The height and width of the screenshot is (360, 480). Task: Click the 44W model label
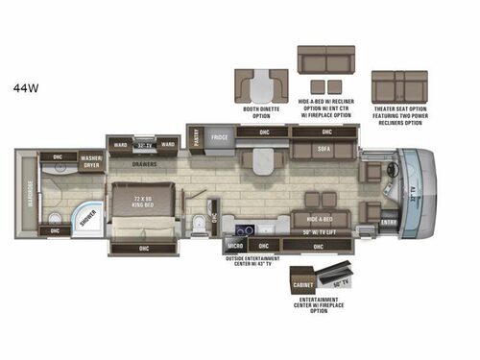[x=26, y=88]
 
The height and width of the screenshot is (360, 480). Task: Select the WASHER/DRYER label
[x=92, y=161]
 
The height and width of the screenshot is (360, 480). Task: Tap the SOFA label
[x=325, y=150]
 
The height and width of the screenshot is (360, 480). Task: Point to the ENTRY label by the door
[x=388, y=224]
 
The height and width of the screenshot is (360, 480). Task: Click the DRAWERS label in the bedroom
[x=144, y=165]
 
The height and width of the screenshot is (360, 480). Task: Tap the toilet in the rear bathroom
[x=198, y=227]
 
